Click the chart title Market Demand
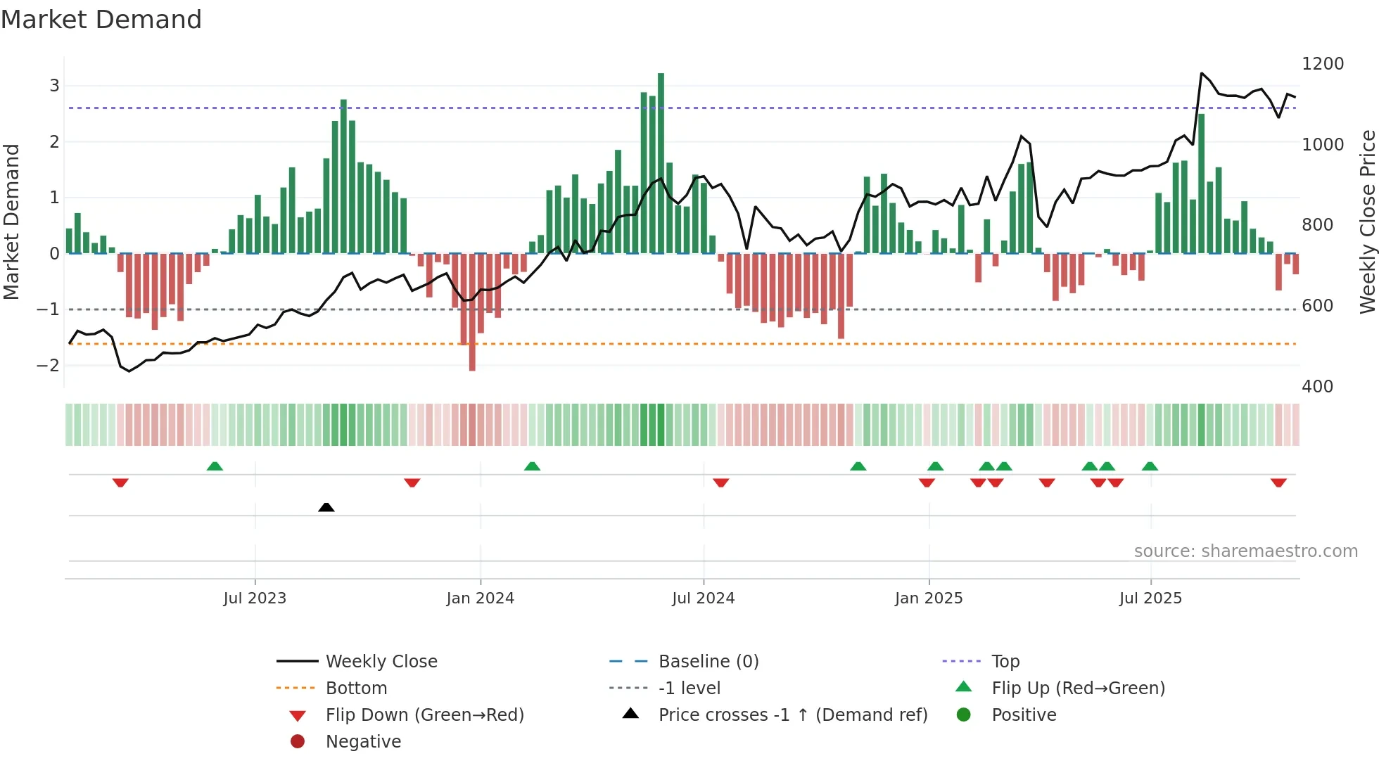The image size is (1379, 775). click(101, 20)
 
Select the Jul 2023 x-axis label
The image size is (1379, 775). click(255, 598)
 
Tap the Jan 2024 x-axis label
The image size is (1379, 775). click(481, 598)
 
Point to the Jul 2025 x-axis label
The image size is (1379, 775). click(1150, 598)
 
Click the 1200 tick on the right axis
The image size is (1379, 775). click(1323, 64)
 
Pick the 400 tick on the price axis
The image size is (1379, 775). click(1317, 387)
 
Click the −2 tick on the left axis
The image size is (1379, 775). click(48, 365)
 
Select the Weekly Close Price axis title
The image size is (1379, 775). click(1367, 222)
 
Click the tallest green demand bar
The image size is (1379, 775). click(661, 162)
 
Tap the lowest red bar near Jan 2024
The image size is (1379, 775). click(472, 313)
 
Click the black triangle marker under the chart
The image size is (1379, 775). click(326, 507)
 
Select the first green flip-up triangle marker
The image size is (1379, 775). click(215, 466)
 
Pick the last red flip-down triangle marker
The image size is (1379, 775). click(1278, 482)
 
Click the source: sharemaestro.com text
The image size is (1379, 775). click(1245, 551)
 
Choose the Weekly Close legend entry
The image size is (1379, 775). click(381, 662)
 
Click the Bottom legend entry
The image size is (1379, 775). click(356, 688)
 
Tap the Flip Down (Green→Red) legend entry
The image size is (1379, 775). click(424, 715)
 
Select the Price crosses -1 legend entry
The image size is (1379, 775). click(792, 715)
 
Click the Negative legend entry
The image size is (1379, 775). click(363, 742)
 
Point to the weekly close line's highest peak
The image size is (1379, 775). click(1202, 73)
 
